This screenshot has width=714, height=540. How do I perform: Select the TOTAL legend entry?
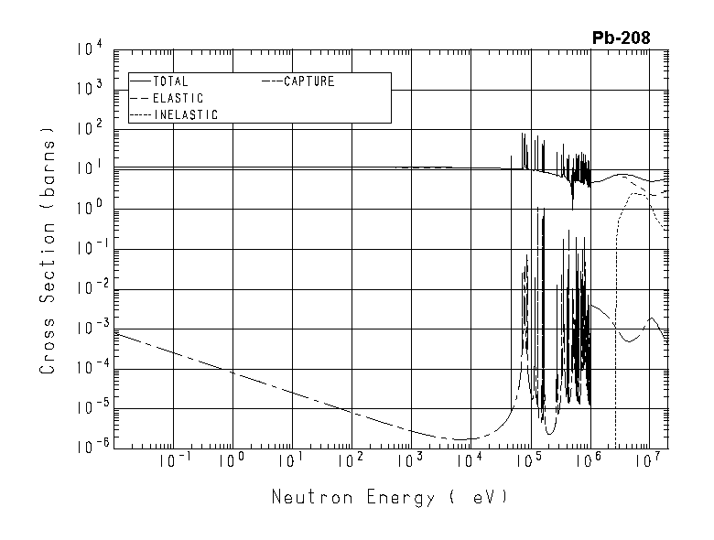pos(170,81)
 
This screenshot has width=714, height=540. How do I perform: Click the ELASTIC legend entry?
pos(178,98)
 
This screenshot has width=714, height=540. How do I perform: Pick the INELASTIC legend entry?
pos(185,114)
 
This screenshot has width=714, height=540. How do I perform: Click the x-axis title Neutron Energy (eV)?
pos(389,498)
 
